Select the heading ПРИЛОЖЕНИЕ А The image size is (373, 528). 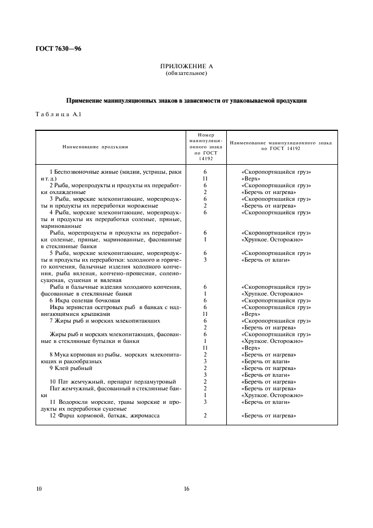(186, 67)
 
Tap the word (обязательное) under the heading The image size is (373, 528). (186, 73)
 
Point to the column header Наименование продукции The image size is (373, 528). (95, 147)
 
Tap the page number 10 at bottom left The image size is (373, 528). (38, 489)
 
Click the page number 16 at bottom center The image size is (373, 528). (186, 489)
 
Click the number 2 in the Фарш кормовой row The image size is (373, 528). (205, 415)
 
